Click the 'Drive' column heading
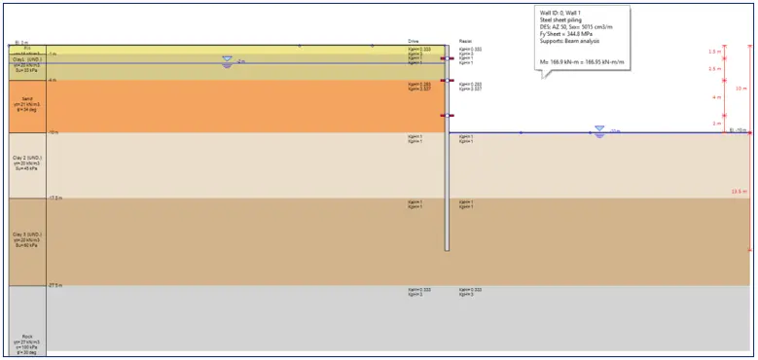point(413,41)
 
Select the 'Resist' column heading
point(465,41)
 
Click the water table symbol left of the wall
point(227,59)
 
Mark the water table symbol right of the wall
point(599,131)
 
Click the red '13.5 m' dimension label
point(738,192)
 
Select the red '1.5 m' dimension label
point(715,52)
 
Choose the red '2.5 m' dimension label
point(715,69)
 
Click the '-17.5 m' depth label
point(54,198)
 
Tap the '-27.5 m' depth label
point(54,285)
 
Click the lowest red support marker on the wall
point(447,117)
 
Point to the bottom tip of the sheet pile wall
point(447,250)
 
